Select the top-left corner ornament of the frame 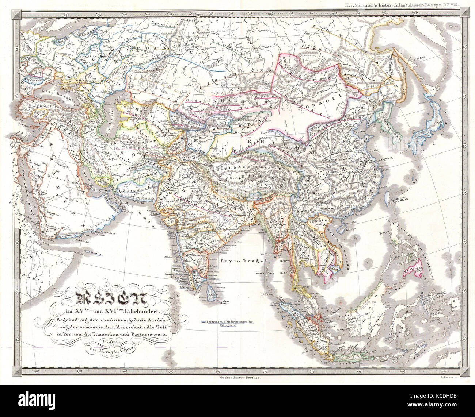(x=17, y=15)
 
